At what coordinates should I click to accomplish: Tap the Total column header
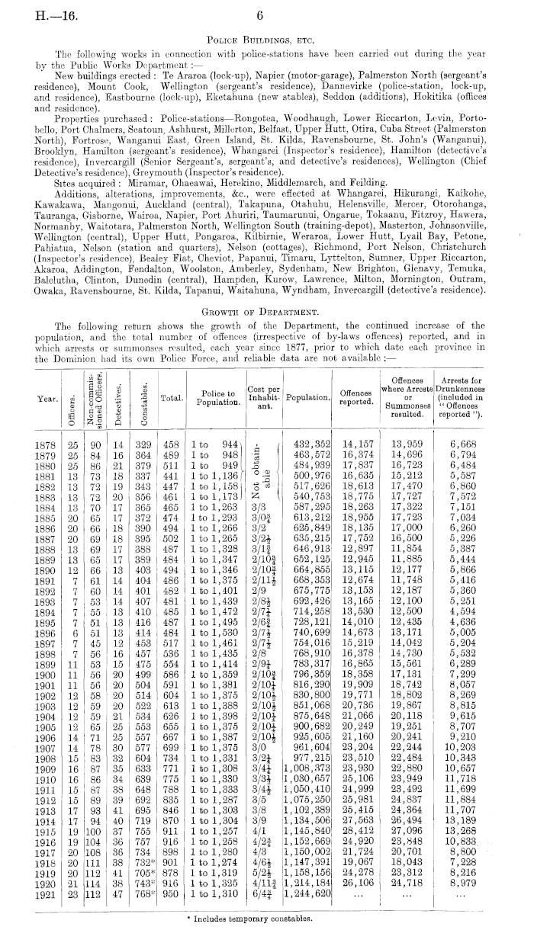(x=170, y=397)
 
